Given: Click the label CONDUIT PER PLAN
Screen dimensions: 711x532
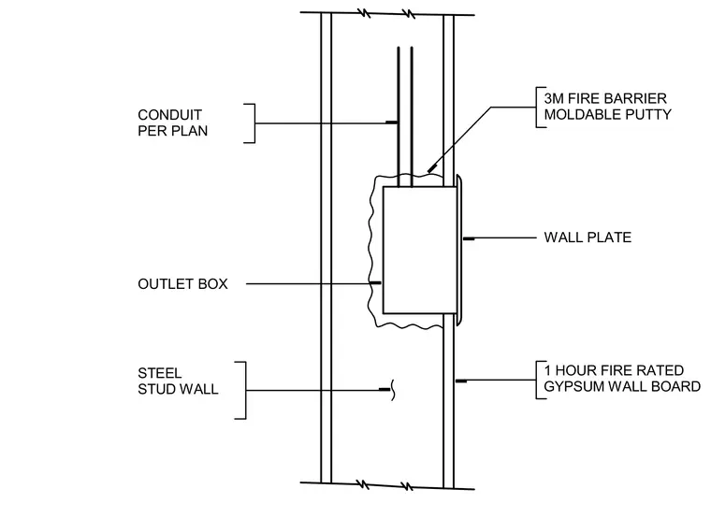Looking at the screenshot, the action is coord(172,122).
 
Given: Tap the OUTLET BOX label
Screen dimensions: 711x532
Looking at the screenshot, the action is coord(182,284).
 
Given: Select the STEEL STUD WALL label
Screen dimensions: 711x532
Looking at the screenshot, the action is coord(178,381).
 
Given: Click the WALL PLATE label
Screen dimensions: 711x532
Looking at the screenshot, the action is coord(588,237).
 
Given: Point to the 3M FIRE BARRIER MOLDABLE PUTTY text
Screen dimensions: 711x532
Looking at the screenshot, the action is coord(607,107).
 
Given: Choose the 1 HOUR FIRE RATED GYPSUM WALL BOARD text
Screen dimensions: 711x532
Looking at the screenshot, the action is coord(622,379).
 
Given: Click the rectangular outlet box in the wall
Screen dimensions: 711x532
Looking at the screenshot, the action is coord(420,251).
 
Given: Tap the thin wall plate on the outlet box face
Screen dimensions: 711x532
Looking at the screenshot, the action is coord(459,251).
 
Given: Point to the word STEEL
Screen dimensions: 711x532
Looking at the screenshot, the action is coord(160,373).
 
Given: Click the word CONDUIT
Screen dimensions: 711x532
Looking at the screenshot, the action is coord(169,115).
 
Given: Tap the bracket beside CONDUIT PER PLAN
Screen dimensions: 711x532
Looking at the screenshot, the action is coord(254,123).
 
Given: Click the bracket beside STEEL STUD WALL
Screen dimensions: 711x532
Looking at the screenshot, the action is coord(245,390).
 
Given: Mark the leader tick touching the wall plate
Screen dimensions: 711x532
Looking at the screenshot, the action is coord(469,238).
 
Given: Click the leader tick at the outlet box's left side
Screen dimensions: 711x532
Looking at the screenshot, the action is coord(375,282).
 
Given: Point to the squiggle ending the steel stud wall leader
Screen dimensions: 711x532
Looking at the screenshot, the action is coord(393,390).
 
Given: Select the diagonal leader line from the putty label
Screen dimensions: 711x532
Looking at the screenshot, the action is coord(459,139).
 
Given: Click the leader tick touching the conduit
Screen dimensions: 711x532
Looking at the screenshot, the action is coord(392,122).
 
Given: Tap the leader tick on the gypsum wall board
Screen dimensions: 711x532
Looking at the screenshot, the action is coord(461,381).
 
